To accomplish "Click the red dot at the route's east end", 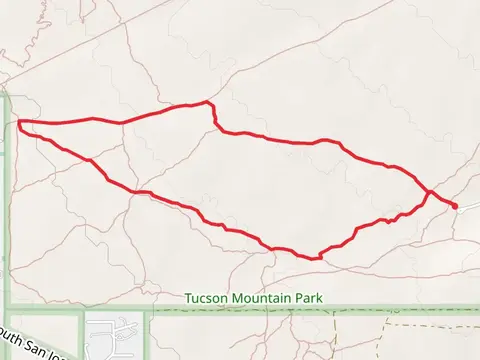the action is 455,206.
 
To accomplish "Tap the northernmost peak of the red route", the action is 206,102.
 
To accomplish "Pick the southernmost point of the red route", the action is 316,258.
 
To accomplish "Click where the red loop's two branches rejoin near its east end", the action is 430,191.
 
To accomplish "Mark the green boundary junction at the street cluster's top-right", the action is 147,311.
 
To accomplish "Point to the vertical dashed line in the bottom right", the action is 387,335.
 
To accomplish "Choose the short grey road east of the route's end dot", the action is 467,210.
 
